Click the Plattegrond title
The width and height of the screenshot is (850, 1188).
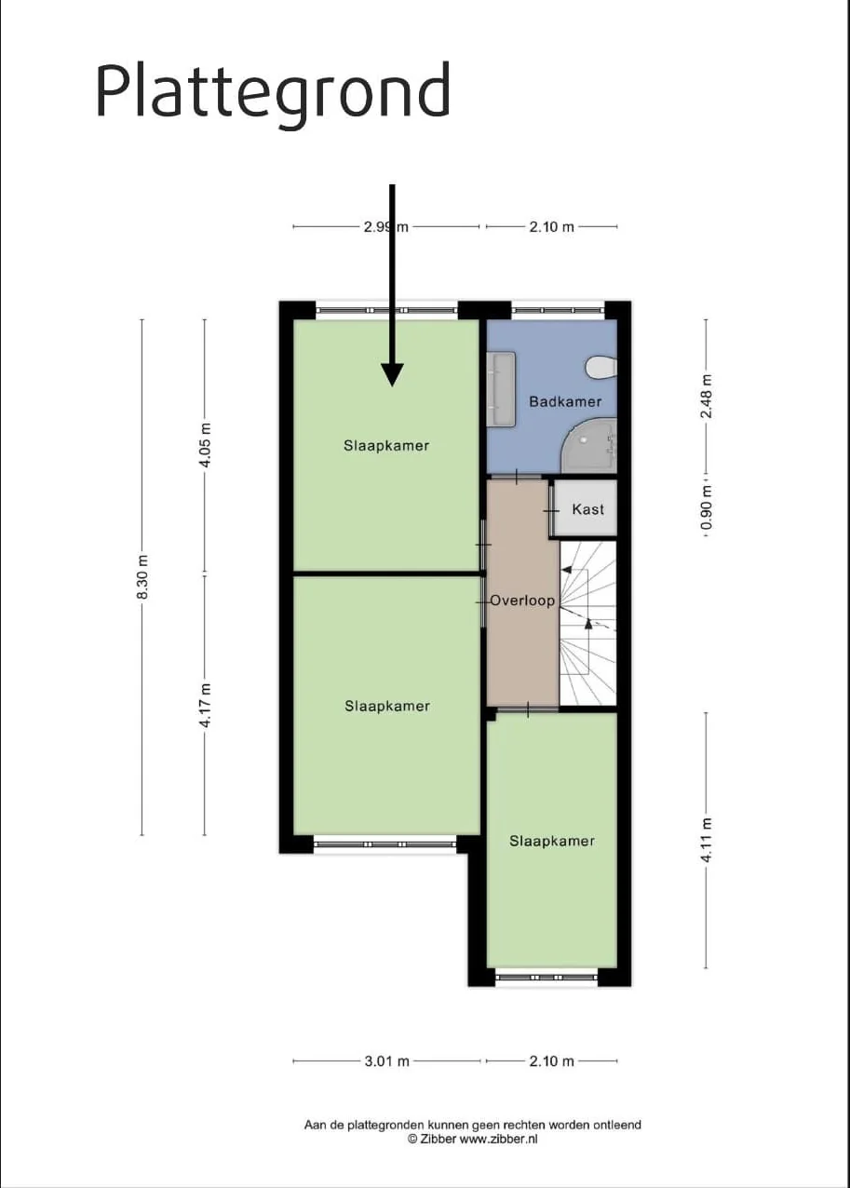point(273,95)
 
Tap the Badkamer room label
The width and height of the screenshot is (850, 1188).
point(565,401)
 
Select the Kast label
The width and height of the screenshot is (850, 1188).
point(588,509)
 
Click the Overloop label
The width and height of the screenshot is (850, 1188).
point(522,601)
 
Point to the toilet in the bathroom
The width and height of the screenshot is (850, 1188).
point(601,367)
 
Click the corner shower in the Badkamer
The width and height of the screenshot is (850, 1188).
point(589,445)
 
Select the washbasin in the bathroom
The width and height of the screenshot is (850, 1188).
point(501,388)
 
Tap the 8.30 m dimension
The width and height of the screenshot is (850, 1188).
point(142,576)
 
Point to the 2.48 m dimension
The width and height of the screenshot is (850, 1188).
point(707,396)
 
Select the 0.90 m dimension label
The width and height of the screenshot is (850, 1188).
point(707,507)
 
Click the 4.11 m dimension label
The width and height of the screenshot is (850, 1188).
point(707,840)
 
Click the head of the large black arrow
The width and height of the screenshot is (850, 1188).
point(392,374)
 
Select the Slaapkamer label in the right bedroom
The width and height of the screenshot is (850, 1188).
point(552,841)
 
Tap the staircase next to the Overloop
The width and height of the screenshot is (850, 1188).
point(588,623)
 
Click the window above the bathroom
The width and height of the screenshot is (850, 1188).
point(559,310)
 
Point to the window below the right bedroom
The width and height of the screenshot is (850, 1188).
point(546,977)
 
